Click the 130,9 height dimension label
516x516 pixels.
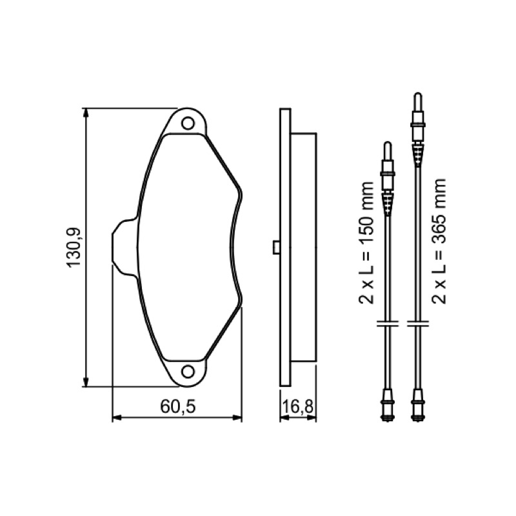[x=74, y=247]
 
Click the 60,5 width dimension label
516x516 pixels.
[x=178, y=407]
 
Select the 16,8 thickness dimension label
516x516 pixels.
[x=297, y=407]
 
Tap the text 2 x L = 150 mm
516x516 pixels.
[x=367, y=243]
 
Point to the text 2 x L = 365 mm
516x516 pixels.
[x=439, y=241]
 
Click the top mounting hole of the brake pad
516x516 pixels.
[x=188, y=123]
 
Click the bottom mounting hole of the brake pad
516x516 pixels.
[x=188, y=372]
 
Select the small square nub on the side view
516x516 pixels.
[x=277, y=248]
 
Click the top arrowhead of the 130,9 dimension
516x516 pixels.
[x=86, y=114]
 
